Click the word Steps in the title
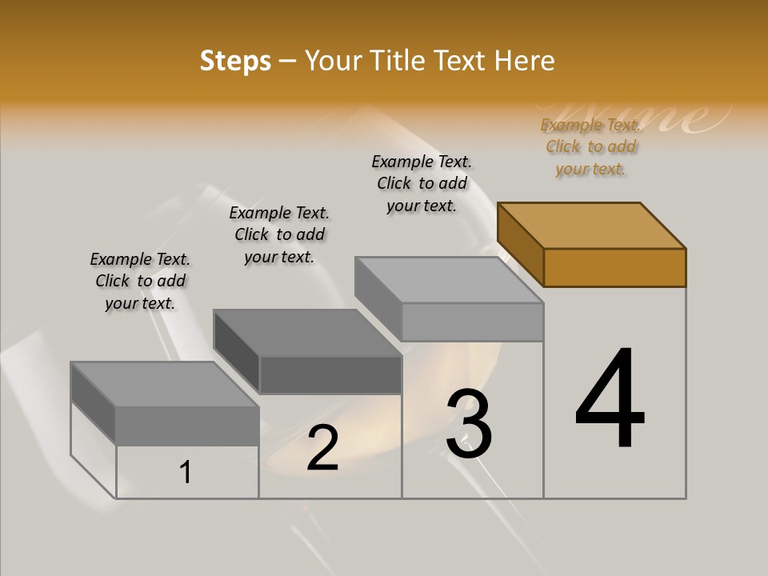pos(235,61)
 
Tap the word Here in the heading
pos(524,61)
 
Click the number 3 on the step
pos(469,424)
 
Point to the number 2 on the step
pos(322,448)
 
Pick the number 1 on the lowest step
pos(186,472)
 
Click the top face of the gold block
pos(592,226)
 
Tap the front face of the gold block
pos(614,267)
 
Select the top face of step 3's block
pos(448,280)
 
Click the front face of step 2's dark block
pos(330,374)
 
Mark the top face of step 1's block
pos(164,384)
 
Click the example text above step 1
pos(140,281)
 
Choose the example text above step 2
pos(279,234)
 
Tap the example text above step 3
pos(422,183)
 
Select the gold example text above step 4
pos(590,146)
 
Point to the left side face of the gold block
pos(521,244)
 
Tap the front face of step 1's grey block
pos(187,425)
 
